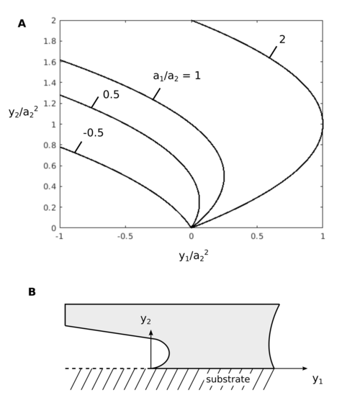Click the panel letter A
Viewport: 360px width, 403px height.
point(22,24)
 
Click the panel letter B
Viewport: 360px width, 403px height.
point(32,292)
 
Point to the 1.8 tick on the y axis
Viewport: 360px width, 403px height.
point(50,41)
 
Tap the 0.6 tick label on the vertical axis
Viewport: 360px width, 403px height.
point(50,166)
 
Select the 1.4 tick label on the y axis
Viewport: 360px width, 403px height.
point(50,83)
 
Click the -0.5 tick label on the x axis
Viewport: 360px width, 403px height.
point(125,236)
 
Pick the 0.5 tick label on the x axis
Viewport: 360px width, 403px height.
point(257,236)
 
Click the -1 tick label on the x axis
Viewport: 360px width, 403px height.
point(59,236)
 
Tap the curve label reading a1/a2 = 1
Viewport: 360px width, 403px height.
point(176,76)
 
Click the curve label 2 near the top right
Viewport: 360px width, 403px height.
point(282,40)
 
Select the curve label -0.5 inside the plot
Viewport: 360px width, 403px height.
point(94,133)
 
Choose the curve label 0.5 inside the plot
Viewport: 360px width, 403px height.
point(111,94)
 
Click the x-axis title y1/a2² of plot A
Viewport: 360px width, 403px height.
point(194,255)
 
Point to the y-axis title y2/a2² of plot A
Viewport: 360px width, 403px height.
point(23,112)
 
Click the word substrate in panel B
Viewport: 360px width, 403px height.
point(228,379)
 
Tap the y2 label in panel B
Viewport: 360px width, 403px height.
point(145,320)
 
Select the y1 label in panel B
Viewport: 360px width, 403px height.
point(318,379)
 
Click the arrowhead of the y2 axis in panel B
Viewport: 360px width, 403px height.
point(151,332)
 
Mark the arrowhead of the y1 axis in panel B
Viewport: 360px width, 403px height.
point(305,368)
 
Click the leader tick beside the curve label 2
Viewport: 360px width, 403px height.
point(273,52)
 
